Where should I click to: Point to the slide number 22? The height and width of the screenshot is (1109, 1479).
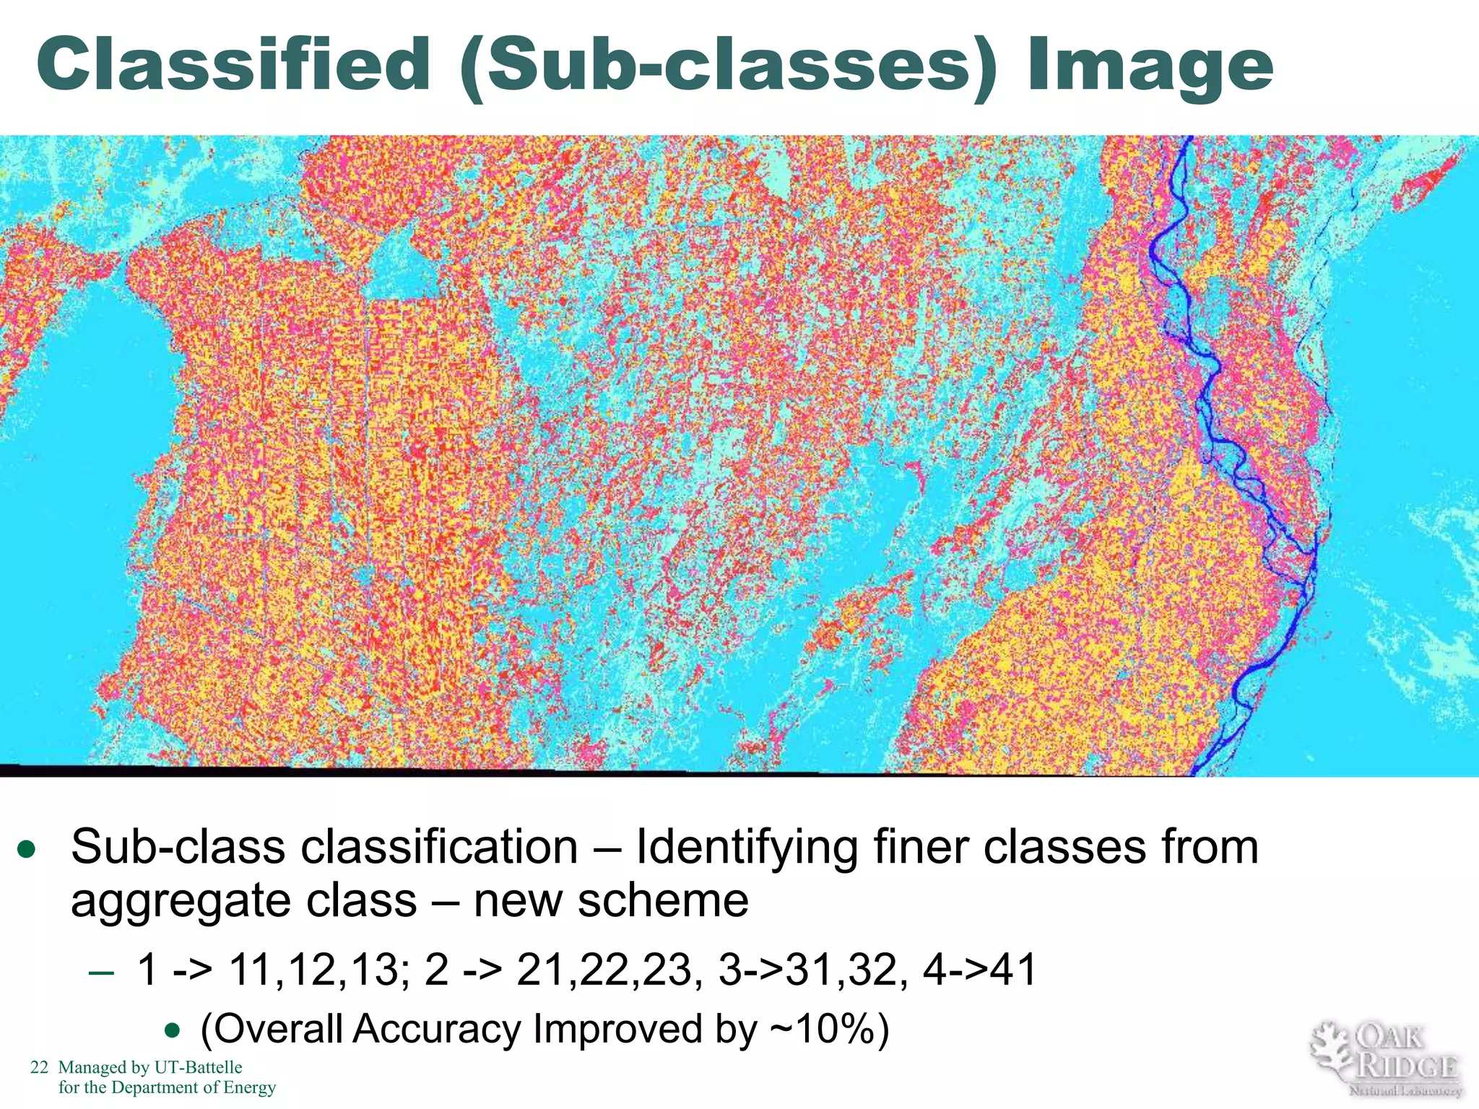pos(39,1067)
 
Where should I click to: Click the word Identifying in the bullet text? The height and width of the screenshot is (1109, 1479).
pos(747,848)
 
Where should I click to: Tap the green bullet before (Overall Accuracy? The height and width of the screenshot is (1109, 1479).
pos(172,1030)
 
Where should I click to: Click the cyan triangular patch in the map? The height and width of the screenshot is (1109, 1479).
pos(402,267)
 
